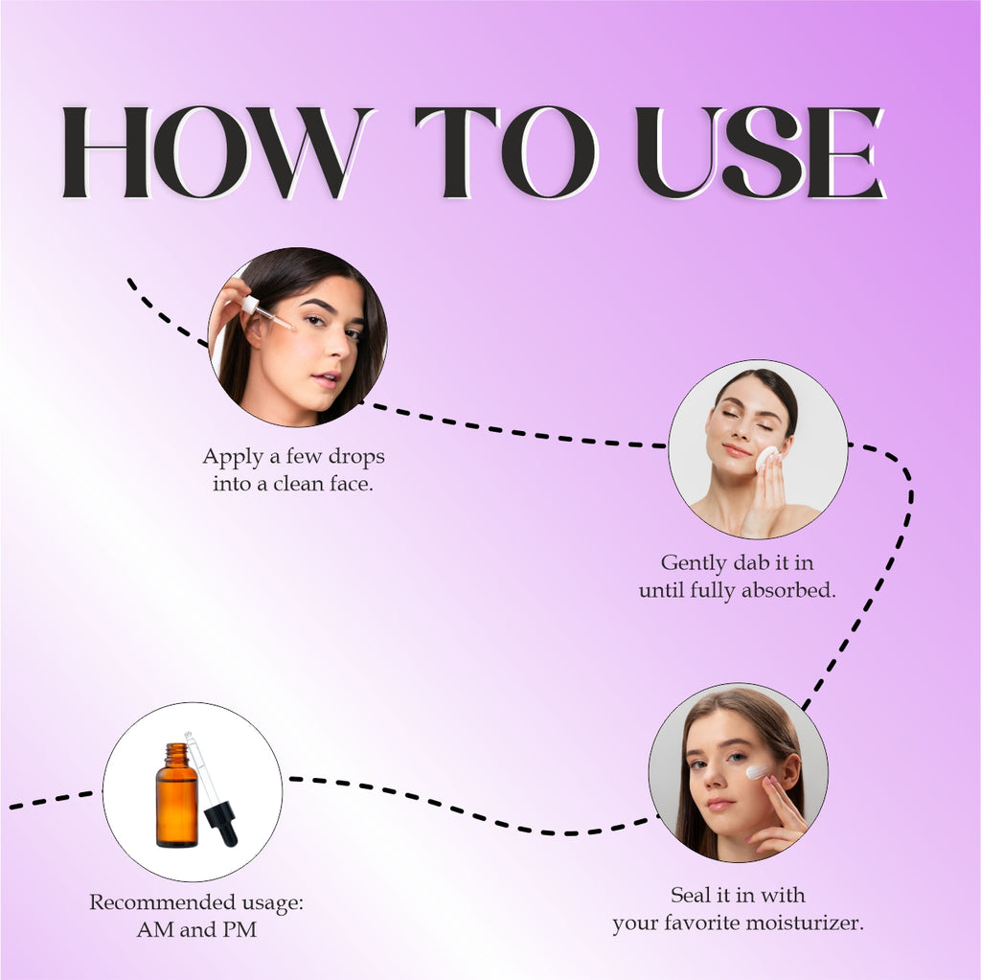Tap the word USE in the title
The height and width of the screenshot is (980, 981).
(x=761, y=152)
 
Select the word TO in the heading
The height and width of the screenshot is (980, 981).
(x=506, y=152)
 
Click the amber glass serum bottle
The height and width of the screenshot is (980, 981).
(x=177, y=795)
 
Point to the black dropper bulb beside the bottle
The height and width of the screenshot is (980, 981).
(x=221, y=824)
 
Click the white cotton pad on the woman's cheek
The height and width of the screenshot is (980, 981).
(x=767, y=459)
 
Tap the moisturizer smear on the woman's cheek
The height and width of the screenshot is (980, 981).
(x=758, y=771)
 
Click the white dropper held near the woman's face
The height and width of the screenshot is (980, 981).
(x=266, y=313)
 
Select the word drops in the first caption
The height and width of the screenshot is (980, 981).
(x=356, y=456)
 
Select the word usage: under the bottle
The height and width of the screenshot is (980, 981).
(x=266, y=903)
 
